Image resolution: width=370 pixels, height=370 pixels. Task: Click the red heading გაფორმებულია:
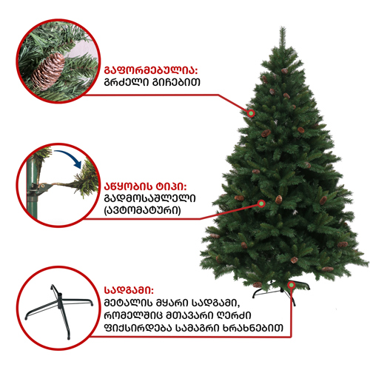(x=151, y=70)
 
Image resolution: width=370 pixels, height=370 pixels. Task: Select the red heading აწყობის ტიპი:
(x=146, y=186)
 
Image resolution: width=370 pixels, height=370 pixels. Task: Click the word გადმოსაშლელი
(x=150, y=198)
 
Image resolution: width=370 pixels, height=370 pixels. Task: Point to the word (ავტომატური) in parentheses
(x=143, y=210)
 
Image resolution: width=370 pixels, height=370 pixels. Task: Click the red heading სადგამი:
(x=129, y=290)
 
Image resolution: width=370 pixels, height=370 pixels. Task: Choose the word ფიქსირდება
(x=138, y=328)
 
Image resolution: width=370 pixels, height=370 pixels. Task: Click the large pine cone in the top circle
(x=48, y=71)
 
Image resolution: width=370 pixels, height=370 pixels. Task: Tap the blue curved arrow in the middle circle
(x=69, y=158)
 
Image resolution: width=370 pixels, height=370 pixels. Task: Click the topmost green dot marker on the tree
(x=251, y=113)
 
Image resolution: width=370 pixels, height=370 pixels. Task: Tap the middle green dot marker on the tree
(x=261, y=203)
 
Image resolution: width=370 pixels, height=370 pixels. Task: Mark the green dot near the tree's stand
(x=292, y=285)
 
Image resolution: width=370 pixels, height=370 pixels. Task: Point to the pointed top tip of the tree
(x=283, y=27)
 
